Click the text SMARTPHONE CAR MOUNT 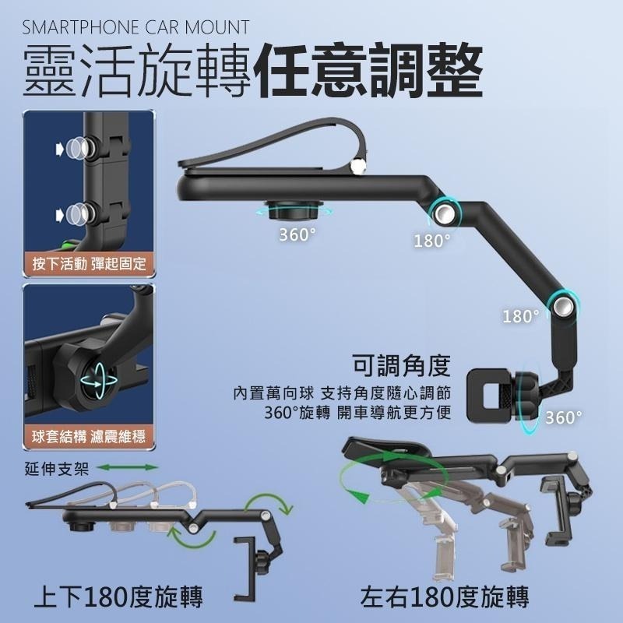pyautogui.click(x=136, y=28)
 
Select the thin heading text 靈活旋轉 pyautogui.click(x=136, y=72)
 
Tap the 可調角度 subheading pyautogui.click(x=402, y=364)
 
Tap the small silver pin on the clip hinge pyautogui.click(x=358, y=165)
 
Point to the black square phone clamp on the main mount pyautogui.click(x=487, y=396)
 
